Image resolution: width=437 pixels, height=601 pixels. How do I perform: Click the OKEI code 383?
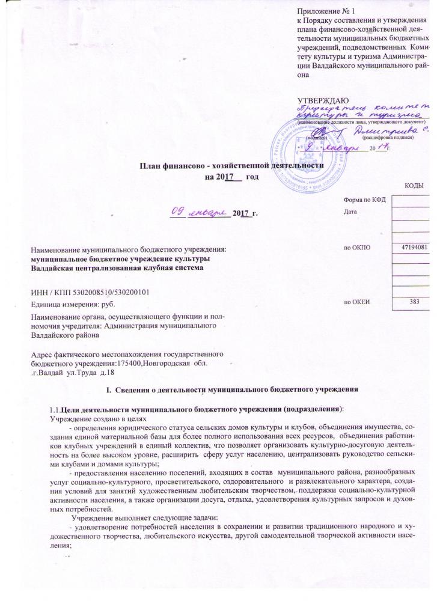click(x=414, y=301)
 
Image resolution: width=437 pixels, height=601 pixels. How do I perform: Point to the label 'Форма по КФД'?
click(x=363, y=200)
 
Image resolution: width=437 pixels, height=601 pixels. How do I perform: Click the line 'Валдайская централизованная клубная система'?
click(x=118, y=267)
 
